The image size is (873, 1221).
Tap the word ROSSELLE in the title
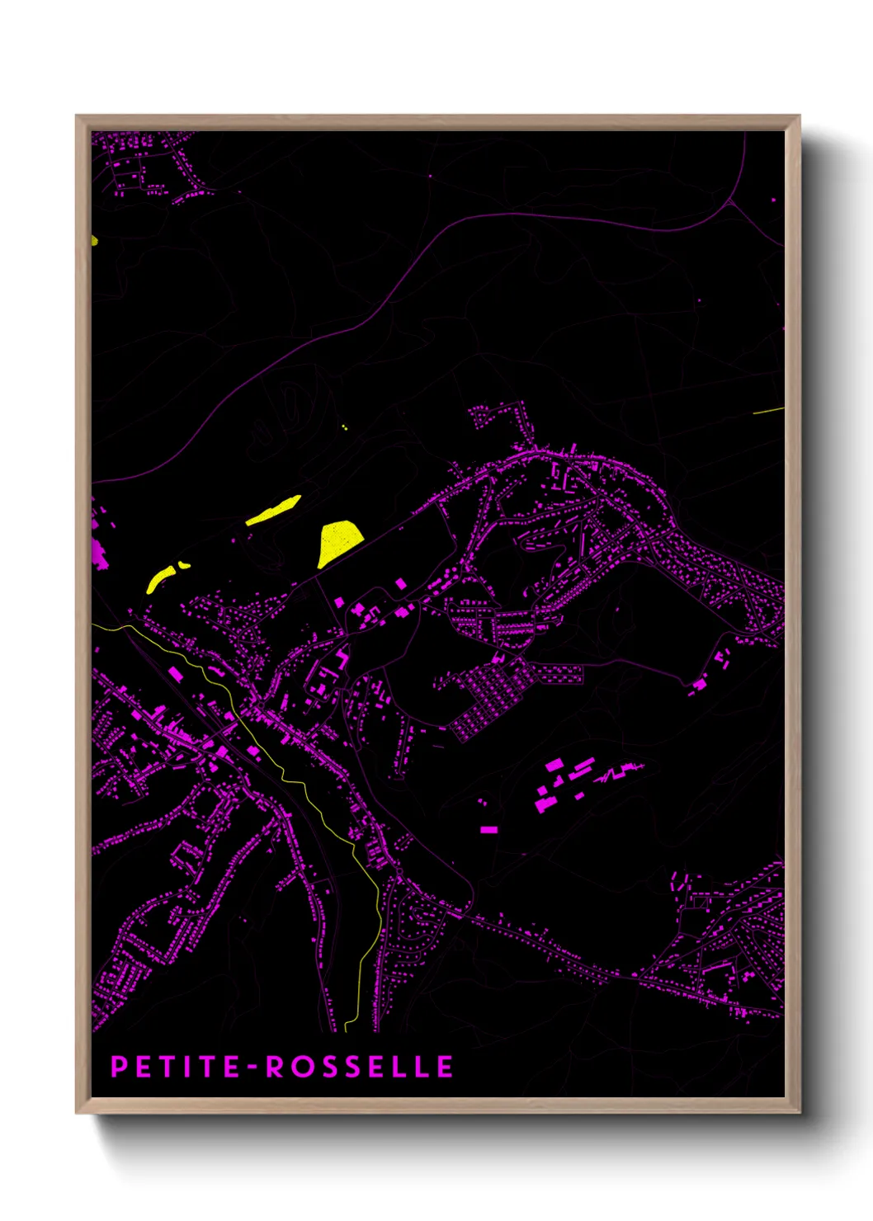(359, 1067)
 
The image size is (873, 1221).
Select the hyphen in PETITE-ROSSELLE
(252, 1068)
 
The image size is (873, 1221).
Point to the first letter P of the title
(119, 1067)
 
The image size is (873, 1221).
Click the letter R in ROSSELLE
(273, 1067)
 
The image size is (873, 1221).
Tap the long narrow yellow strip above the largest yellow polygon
(274, 510)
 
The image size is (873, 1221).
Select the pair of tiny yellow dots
(344, 427)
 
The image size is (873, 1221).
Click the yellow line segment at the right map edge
(768, 410)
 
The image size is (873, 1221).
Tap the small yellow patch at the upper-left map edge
(94, 240)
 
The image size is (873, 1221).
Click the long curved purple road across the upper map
(495, 215)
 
